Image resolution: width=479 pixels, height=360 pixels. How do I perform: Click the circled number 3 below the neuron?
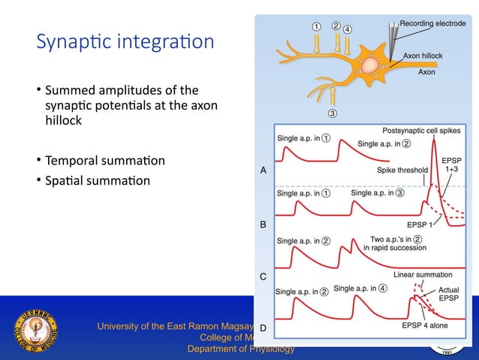pos(331,114)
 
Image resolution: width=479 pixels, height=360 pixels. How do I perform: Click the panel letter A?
pos(264,171)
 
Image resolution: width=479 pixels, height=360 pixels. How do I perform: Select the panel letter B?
pos(264,224)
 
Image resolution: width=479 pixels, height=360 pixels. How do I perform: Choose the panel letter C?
pos(264,277)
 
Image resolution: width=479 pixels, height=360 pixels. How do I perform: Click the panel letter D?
pos(264,328)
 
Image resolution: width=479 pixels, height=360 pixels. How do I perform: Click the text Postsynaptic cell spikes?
pos(423,129)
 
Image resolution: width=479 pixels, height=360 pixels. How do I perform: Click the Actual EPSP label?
pos(448,294)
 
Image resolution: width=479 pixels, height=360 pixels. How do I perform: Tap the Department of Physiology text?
pos(240,349)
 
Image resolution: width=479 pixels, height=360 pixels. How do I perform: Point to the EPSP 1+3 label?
pos(451,165)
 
